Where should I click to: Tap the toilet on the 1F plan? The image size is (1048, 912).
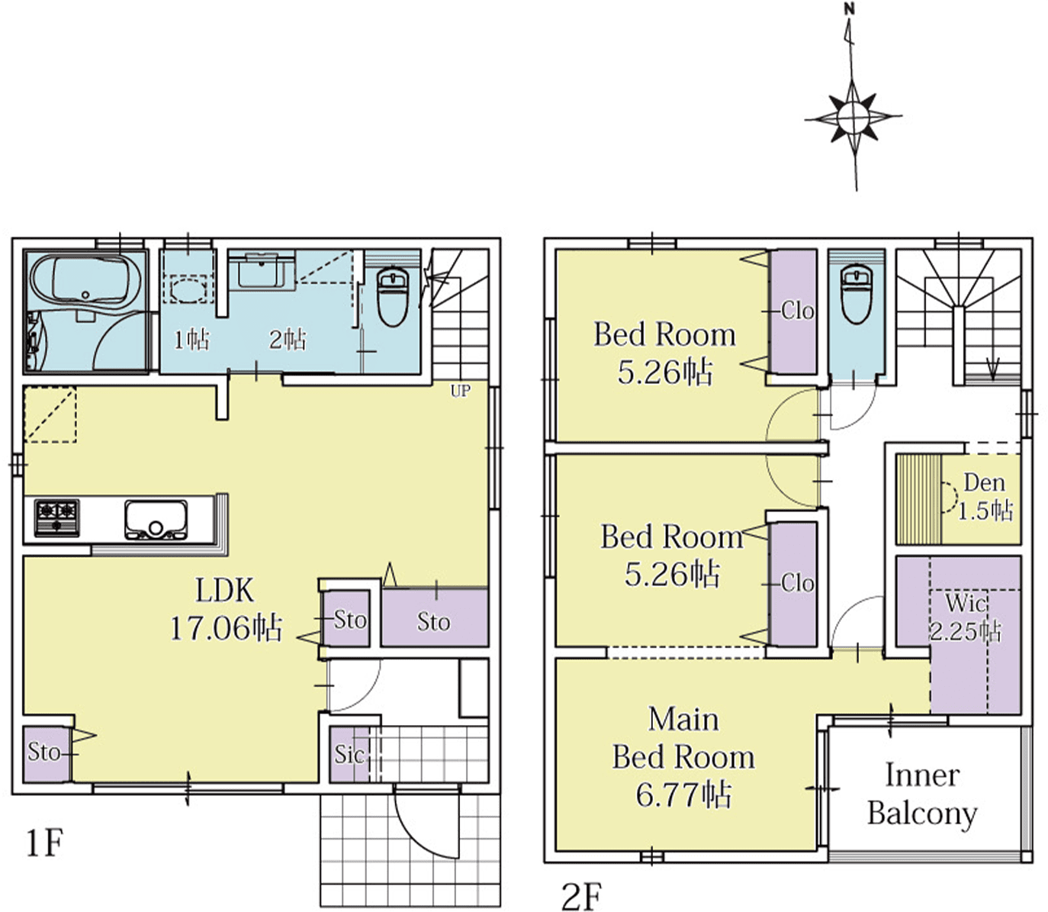click(x=392, y=298)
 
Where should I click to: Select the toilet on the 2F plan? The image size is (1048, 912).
click(x=857, y=295)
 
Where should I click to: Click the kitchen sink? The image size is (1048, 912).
click(x=156, y=520)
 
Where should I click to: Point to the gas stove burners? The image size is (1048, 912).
click(x=56, y=518)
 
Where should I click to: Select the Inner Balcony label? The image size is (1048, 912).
click(x=922, y=801)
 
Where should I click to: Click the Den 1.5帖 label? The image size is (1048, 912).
click(x=985, y=497)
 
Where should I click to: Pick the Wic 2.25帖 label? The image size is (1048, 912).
click(x=965, y=617)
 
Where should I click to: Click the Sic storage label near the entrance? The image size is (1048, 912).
click(x=349, y=754)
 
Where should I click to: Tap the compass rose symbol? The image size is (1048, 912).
click(x=853, y=118)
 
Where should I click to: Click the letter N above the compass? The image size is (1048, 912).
click(x=850, y=10)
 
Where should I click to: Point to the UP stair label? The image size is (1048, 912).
click(x=460, y=391)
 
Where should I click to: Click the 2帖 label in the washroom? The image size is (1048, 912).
click(x=288, y=339)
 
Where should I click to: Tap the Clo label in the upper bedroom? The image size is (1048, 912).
click(x=798, y=311)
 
